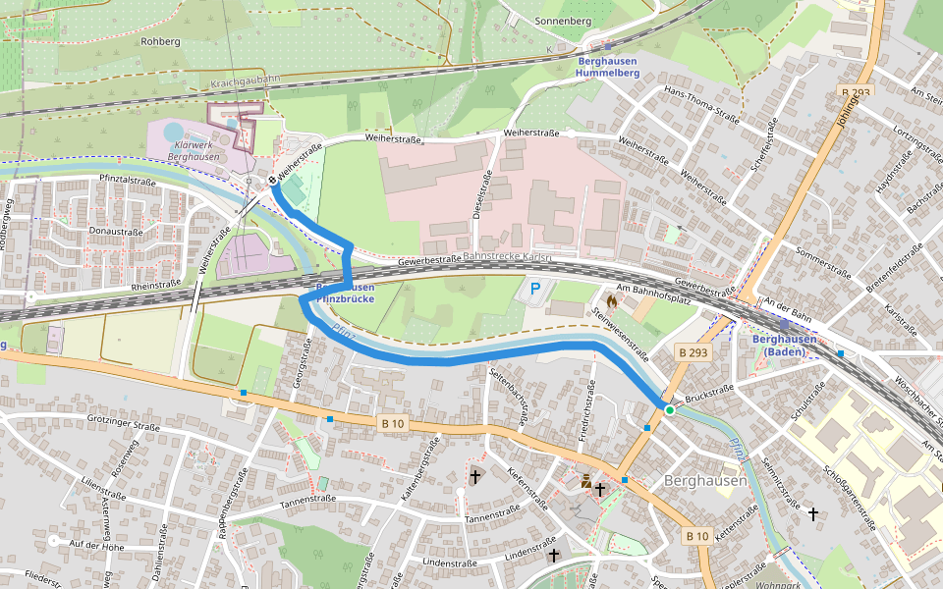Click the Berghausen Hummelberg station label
click(x=607, y=67)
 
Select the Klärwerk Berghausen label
click(x=194, y=150)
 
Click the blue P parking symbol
click(x=535, y=289)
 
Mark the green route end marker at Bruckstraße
click(x=669, y=409)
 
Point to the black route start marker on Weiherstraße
click(x=272, y=181)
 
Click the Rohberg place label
click(x=161, y=42)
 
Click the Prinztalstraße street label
click(x=128, y=182)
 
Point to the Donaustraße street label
click(x=116, y=231)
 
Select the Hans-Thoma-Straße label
click(x=701, y=105)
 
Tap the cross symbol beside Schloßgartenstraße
click(x=812, y=512)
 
